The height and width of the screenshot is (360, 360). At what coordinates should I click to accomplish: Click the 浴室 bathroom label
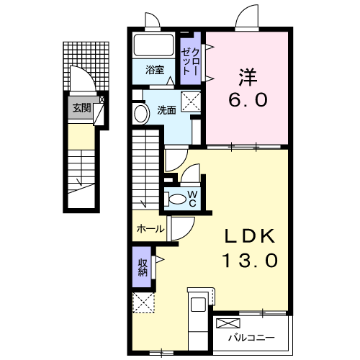tap(153, 71)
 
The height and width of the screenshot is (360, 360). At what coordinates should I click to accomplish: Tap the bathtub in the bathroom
tap(154, 46)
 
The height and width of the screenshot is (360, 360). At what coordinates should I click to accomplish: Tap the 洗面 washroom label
tap(167, 110)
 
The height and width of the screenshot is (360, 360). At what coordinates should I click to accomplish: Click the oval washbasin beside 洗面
tap(139, 113)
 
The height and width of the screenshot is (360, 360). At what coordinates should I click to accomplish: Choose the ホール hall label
tap(149, 229)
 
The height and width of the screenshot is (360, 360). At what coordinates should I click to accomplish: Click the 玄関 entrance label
tap(80, 109)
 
